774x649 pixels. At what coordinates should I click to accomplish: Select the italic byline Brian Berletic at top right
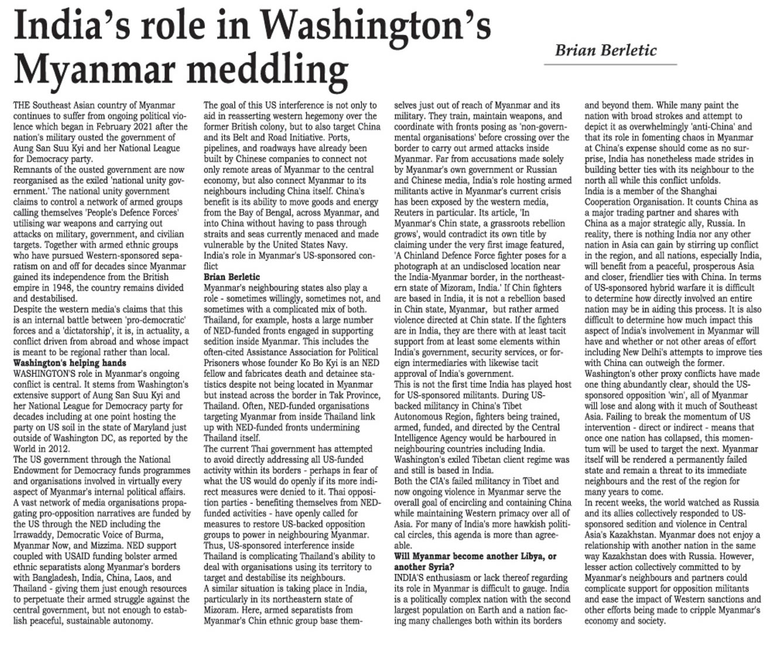pyautogui.click(x=606, y=50)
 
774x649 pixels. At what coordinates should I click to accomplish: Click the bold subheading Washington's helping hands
pyautogui.click(x=70, y=363)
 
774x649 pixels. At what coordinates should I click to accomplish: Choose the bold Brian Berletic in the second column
pyautogui.click(x=232, y=277)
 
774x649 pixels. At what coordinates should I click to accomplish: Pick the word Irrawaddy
pyautogui.click(x=34, y=535)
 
